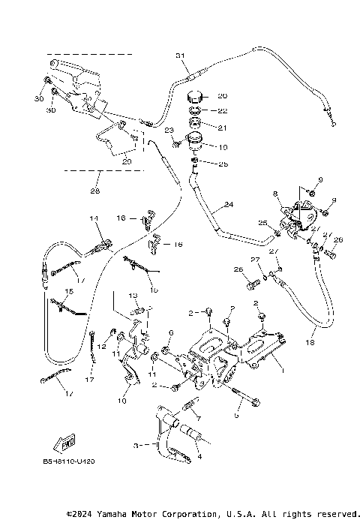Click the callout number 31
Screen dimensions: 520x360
pos(179,56)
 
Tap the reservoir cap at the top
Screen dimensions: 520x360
pos(196,98)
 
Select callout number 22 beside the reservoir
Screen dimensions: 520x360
pos(221,111)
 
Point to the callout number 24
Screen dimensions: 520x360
pos(229,205)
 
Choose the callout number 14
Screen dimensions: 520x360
pos(94,218)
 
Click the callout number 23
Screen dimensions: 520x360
pos(169,130)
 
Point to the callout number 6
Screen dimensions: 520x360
pos(171,332)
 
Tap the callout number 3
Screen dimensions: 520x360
pos(136,444)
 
